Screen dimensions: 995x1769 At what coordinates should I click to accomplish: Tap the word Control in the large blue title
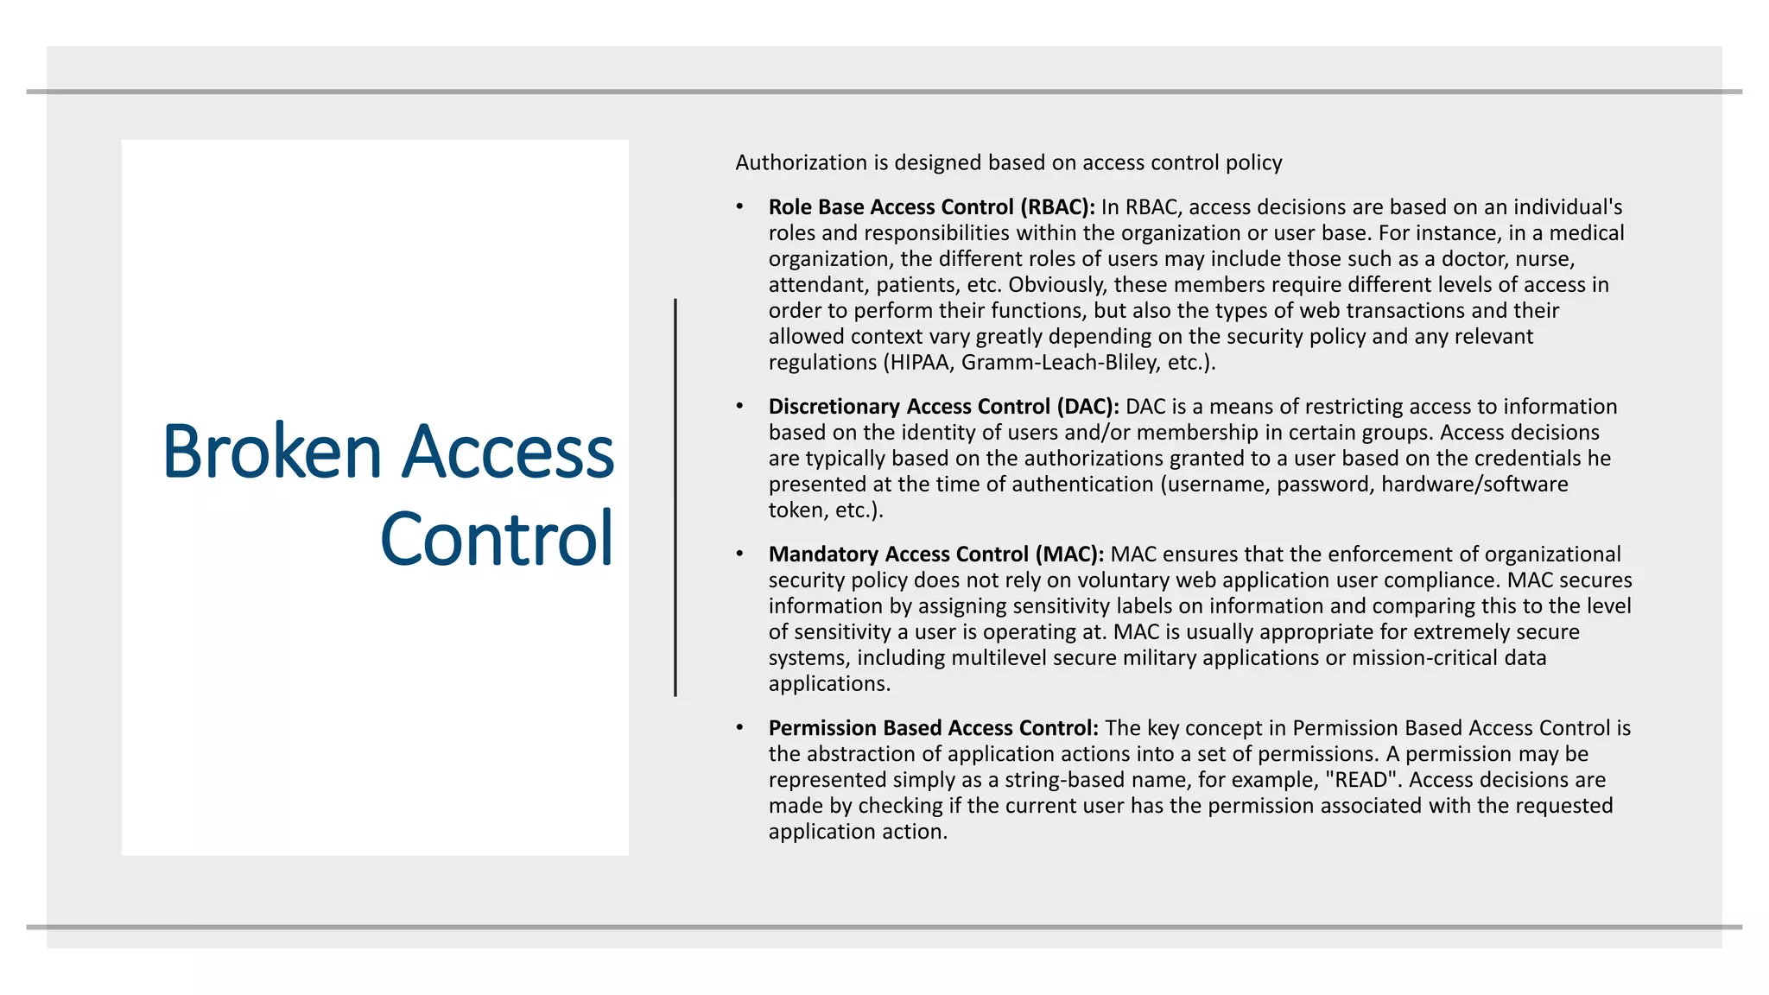pos(497,539)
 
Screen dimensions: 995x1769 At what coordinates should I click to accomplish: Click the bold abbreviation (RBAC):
pos(1057,207)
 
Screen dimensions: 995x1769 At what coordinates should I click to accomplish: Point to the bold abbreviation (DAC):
pos(1088,407)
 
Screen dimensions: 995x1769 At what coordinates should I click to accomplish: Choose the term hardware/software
pos(1474,485)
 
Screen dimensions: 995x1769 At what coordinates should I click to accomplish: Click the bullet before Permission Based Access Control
pos(740,728)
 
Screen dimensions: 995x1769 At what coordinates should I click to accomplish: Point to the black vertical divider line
pos(675,497)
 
